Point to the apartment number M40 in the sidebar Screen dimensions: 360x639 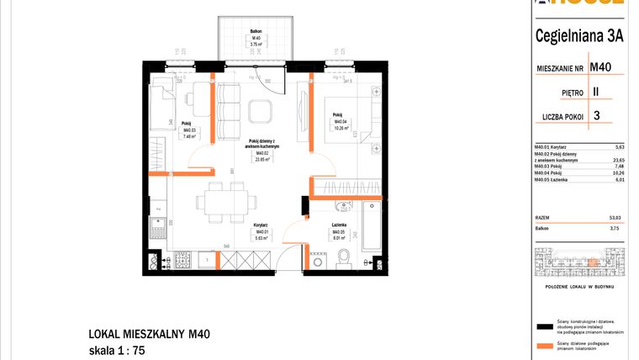tap(600, 67)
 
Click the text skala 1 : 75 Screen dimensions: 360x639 tap(123, 349)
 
